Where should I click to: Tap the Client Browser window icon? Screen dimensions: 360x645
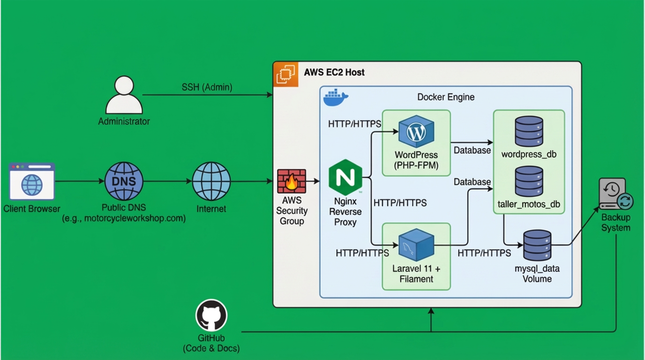tap(32, 181)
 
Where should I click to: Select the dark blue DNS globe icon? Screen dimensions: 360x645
tap(124, 181)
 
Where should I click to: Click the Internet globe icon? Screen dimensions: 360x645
tap(211, 181)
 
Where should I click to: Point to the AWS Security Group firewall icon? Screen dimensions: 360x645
tap(292, 181)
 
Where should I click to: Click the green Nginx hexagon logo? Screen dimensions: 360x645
tap(345, 177)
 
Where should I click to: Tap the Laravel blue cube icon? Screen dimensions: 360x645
tap(416, 245)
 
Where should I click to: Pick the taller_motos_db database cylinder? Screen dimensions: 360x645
tap(529, 181)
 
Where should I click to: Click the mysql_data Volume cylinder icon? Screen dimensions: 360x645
tap(537, 245)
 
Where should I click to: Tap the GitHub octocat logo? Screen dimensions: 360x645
tap(211, 315)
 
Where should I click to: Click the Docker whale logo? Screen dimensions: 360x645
tap(336, 97)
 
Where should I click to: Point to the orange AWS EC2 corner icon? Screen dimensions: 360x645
tap(285, 74)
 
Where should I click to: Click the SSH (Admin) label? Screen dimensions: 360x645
tap(207, 87)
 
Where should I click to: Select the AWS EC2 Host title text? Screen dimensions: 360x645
tap(334, 72)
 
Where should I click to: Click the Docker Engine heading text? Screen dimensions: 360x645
tap(446, 97)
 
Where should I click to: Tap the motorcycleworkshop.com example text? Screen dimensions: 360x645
tap(124, 218)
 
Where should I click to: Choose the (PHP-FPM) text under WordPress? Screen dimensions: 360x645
tap(416, 165)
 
